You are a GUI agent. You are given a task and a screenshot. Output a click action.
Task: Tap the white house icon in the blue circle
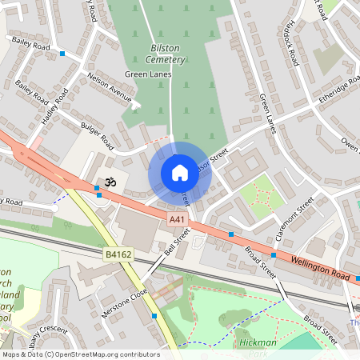(180, 172)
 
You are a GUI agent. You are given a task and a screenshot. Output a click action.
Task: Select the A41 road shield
(177, 218)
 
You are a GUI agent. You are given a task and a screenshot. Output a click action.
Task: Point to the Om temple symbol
(108, 182)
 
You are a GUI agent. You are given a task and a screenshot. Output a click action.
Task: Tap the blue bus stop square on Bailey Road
(62, 54)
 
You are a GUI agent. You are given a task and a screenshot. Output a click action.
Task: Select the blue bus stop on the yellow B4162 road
(154, 316)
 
